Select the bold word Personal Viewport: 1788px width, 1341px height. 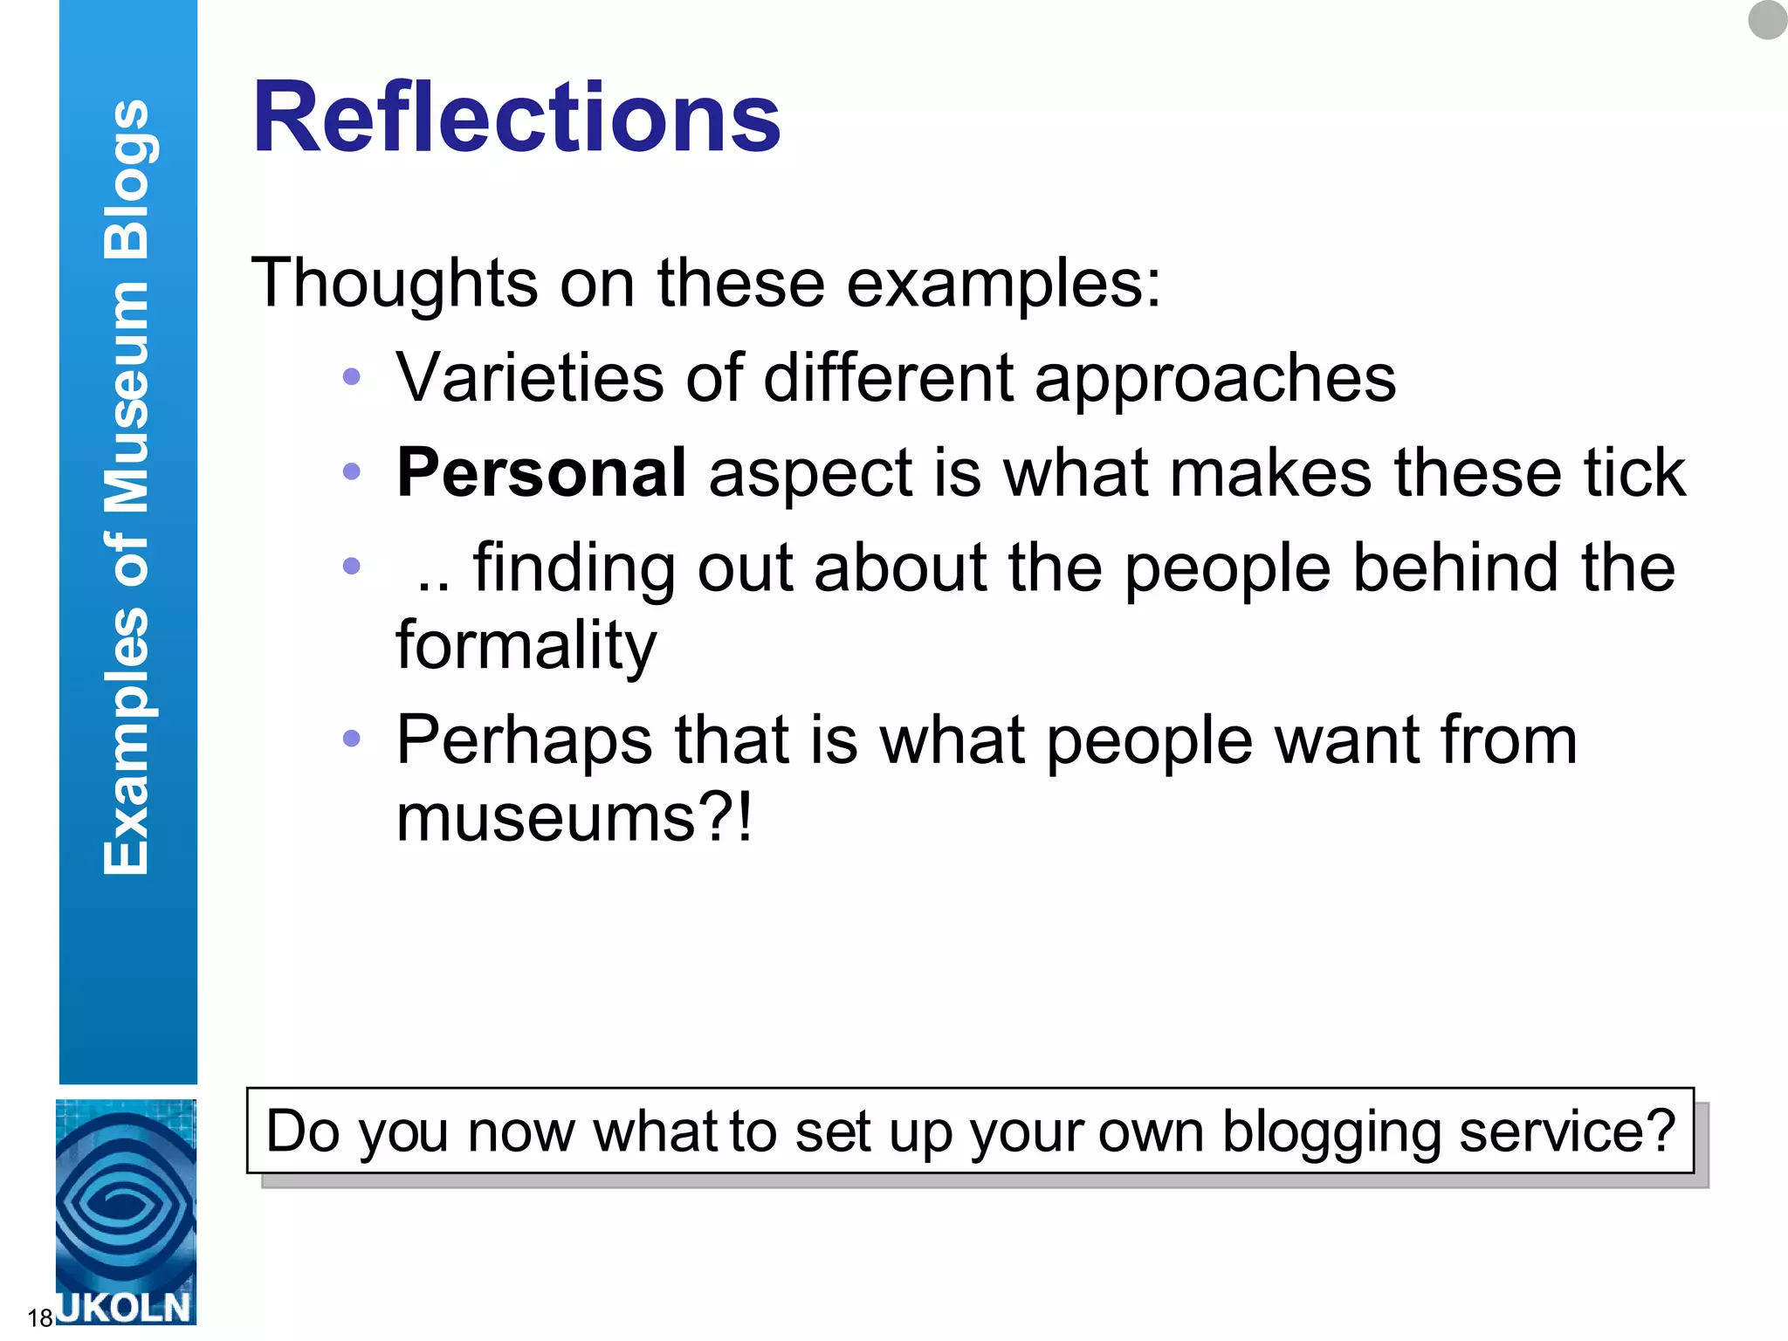(541, 472)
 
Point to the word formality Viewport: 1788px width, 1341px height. (526, 646)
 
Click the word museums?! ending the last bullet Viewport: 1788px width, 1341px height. (574, 817)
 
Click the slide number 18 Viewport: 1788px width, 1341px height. (39, 1317)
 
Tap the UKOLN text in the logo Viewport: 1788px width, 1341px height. (125, 1308)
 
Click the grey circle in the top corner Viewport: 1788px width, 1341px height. (1767, 19)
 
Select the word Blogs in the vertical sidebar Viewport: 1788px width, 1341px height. (127, 179)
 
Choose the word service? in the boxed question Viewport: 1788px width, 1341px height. (1567, 1131)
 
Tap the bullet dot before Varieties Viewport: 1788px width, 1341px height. (352, 377)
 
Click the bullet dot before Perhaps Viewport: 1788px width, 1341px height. (352, 739)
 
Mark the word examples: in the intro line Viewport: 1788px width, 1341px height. (1004, 284)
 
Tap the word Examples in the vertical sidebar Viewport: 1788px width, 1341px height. (127, 742)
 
